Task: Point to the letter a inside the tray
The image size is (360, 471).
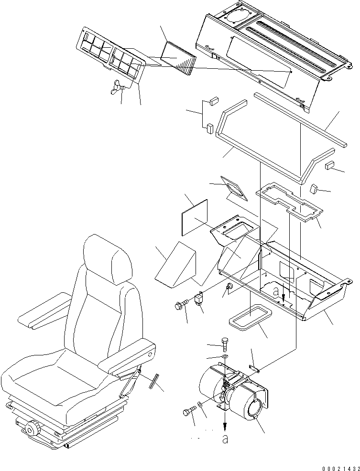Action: click(275, 290)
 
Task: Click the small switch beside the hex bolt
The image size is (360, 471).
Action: click(199, 300)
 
